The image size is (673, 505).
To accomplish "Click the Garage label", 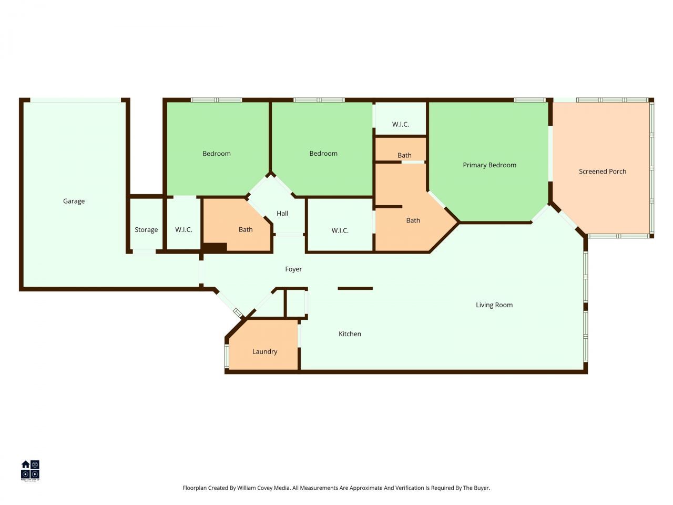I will tap(74, 201).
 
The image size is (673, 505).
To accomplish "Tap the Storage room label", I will tap(146, 230).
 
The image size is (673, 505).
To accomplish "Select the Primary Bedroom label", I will tap(489, 165).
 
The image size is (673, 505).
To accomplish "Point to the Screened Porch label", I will tap(602, 171).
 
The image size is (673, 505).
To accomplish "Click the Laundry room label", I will tap(264, 351).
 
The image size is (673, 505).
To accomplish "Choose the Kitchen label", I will tap(350, 334).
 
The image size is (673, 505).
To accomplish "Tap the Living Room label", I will tap(494, 305).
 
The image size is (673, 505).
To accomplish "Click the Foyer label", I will tap(293, 269).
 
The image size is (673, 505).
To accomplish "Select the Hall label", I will tap(282, 214).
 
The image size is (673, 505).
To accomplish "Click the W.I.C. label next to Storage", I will tap(183, 230).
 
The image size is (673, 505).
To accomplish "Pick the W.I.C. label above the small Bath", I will tap(400, 125).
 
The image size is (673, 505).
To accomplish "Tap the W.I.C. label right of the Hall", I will tap(340, 230).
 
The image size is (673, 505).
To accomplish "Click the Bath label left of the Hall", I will tap(246, 230).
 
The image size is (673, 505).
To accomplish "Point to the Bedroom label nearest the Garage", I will tap(217, 154).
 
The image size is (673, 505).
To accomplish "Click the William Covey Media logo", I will tap(30, 470).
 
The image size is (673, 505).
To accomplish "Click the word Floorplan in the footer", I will tap(195, 488).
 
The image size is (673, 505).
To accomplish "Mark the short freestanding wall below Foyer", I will tap(355, 288).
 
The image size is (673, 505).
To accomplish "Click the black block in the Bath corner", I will tap(215, 247).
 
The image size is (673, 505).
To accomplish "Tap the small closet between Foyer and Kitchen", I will tap(295, 303).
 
